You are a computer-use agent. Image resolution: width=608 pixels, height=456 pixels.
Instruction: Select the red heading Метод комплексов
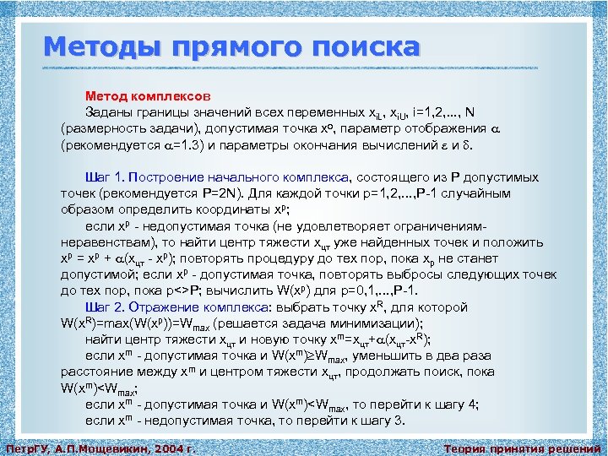pos(154,96)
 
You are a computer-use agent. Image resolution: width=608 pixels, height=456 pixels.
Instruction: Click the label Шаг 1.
pos(107,178)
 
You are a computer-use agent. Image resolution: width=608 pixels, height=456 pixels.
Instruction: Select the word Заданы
pos(108,112)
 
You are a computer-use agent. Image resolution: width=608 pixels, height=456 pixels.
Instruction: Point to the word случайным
pos(479,193)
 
